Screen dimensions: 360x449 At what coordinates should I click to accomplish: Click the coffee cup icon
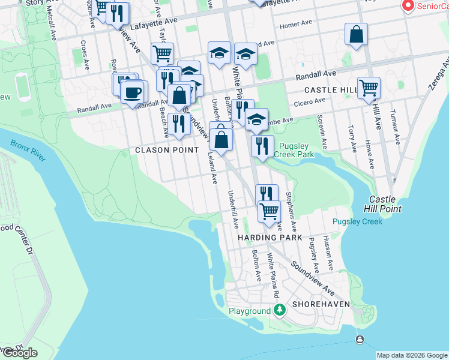pyautogui.click(x=134, y=93)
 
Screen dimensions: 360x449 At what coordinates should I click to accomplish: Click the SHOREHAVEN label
pyautogui.click(x=318, y=304)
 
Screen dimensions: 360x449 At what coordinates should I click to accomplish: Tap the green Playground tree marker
pyautogui.click(x=279, y=310)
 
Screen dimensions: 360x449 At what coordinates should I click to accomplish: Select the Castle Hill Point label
pyautogui.click(x=382, y=204)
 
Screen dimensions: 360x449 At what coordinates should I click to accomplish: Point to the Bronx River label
pyautogui.click(x=28, y=151)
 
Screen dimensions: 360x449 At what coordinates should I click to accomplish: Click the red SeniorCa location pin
pyautogui.click(x=408, y=5)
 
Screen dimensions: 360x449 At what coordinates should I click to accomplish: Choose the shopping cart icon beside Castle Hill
pyautogui.click(x=369, y=88)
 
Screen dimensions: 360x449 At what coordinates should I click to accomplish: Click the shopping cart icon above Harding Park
pyautogui.click(x=270, y=211)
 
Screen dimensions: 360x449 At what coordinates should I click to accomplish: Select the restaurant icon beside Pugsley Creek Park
pyautogui.click(x=262, y=146)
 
